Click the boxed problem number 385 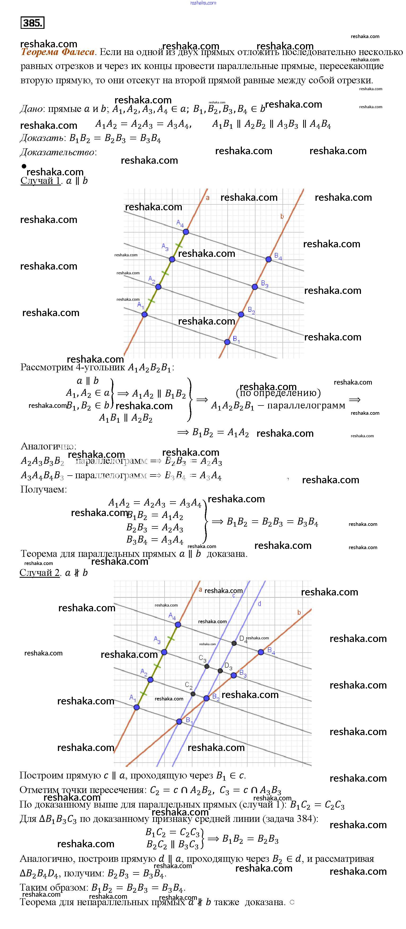[x=33, y=23]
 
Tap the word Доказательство [x=58, y=152]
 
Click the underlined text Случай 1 [x=40, y=181]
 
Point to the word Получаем [x=43, y=489]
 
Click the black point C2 [x=193, y=694]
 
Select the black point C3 [x=207, y=666]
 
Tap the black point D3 [x=220, y=671]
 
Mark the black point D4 [x=234, y=643]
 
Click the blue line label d [x=259, y=603]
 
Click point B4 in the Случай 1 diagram [x=268, y=259]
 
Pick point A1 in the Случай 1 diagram [x=144, y=315]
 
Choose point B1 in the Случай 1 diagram [x=227, y=342]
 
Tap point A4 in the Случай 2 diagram [x=178, y=625]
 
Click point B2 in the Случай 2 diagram [x=206, y=699]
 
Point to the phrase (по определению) [x=278, y=393]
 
